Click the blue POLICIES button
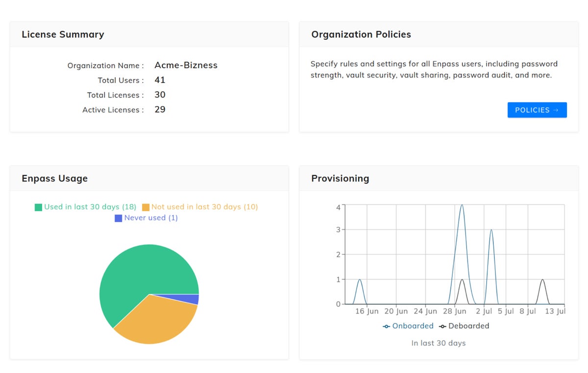point(537,110)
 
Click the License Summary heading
point(63,34)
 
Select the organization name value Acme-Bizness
point(186,65)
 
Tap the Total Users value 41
point(160,80)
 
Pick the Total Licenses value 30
point(160,95)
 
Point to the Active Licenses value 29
point(160,109)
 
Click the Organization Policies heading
point(361,34)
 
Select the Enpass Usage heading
point(54,178)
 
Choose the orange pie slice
point(157,319)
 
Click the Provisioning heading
point(340,178)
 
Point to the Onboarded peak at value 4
point(462,206)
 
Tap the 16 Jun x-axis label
point(367,311)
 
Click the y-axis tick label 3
point(338,230)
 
